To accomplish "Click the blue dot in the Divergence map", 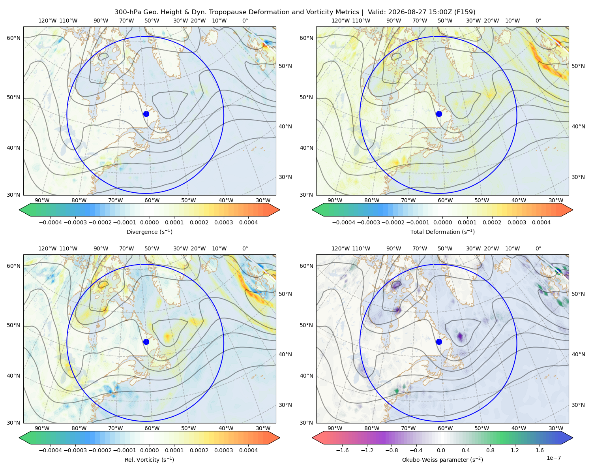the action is [x=146, y=114].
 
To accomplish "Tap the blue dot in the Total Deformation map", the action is [x=439, y=114].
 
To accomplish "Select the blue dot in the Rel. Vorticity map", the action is [x=146, y=342].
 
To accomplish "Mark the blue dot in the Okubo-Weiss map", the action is [x=439, y=342].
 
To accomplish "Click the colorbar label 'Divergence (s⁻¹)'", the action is [x=149, y=232].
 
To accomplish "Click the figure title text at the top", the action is [x=295, y=12].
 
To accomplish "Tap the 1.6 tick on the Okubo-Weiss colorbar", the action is [x=540, y=450].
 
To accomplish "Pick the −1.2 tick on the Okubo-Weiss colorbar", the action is [x=367, y=450].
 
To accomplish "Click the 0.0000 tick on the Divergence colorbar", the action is [x=149, y=222].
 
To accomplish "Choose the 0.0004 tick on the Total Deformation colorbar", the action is [x=541, y=222].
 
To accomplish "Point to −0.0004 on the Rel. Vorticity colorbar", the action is [x=51, y=450].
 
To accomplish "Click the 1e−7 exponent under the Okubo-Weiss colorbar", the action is [x=553, y=458].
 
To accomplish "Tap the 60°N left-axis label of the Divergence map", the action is [x=13, y=38].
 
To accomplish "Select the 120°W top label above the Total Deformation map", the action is [x=341, y=21].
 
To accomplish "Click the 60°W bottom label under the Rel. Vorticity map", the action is [x=152, y=428].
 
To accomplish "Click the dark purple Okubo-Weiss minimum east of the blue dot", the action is [x=460, y=336].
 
